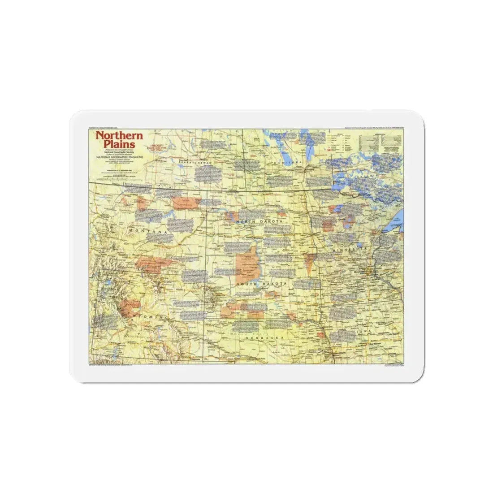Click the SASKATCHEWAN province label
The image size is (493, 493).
(198, 163)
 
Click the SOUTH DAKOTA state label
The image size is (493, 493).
(259, 284)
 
